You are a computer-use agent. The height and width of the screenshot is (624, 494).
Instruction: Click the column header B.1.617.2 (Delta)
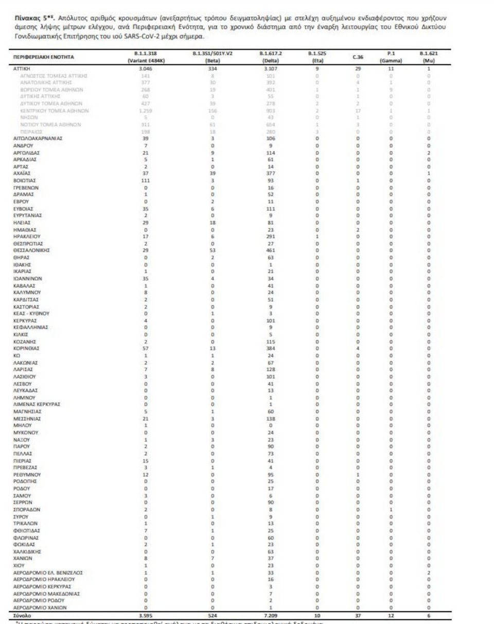pyautogui.click(x=271, y=57)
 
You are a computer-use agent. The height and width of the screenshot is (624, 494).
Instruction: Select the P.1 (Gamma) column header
pyautogui.click(x=391, y=57)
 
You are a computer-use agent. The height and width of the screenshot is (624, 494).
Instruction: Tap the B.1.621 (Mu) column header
pyautogui.click(x=428, y=57)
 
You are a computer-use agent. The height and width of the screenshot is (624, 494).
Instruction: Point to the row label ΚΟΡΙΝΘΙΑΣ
pyautogui.click(x=26, y=349)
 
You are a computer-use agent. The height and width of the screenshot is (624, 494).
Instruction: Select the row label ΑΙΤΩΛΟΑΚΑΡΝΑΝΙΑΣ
pyautogui.click(x=38, y=139)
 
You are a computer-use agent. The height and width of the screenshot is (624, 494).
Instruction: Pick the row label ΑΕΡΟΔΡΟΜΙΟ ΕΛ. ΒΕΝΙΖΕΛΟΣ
pyautogui.click(x=48, y=572)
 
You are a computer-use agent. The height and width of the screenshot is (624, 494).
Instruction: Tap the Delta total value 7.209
pyautogui.click(x=271, y=615)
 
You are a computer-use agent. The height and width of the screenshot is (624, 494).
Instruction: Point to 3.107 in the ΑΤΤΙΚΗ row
pyautogui.click(x=271, y=68)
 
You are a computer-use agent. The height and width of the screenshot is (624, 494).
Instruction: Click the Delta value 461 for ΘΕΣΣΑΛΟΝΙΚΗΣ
pyautogui.click(x=271, y=249)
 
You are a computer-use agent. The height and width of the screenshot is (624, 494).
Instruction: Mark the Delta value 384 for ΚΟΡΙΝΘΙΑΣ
pyautogui.click(x=271, y=349)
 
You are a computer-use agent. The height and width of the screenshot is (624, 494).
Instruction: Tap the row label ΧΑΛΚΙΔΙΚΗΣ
pyautogui.click(x=27, y=551)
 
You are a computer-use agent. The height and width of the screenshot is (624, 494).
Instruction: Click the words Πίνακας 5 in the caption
pyautogui.click(x=32, y=17)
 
